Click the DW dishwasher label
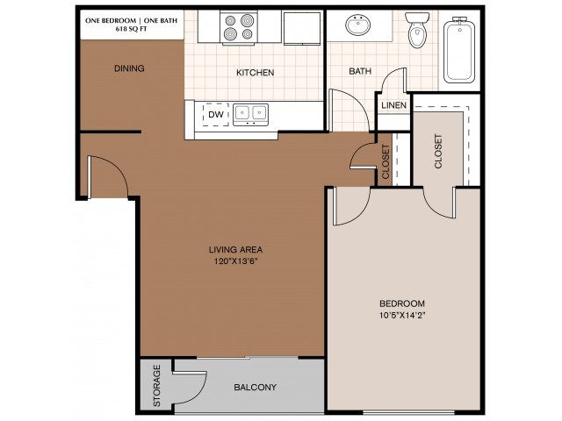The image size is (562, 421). [215, 113]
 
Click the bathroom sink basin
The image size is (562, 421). [358, 25]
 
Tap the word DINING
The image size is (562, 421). [129, 68]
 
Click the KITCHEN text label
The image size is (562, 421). [255, 74]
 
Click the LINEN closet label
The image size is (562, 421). [393, 106]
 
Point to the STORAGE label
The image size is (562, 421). [156, 388]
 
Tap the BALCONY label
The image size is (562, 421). [256, 388]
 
